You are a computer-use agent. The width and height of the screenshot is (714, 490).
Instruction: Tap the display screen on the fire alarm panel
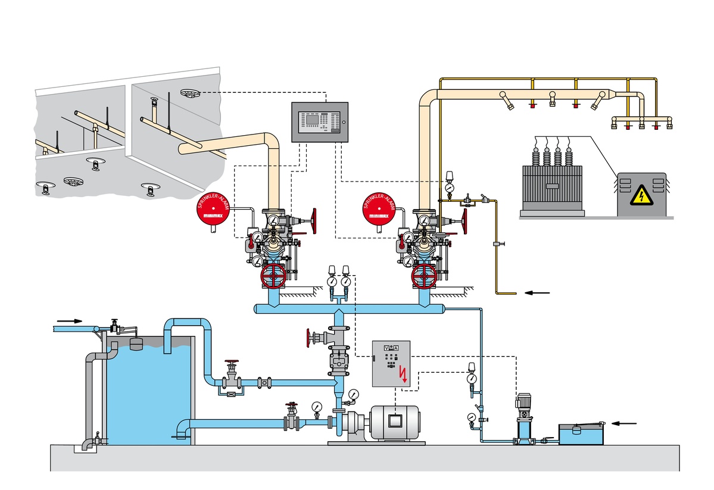[x=311, y=118]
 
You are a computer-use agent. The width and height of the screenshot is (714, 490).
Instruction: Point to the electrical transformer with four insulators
[x=551, y=182]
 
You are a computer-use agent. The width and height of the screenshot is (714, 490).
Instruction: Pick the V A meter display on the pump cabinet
[x=391, y=348]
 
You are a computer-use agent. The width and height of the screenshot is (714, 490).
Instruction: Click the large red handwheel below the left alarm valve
[x=273, y=276]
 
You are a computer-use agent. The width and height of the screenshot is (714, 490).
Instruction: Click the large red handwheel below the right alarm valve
[x=424, y=276]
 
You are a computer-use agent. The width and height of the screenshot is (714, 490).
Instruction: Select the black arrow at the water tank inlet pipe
[x=70, y=320]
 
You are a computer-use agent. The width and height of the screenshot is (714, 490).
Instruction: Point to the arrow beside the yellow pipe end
[x=537, y=292]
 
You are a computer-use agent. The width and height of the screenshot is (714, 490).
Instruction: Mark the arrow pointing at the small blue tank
[x=625, y=423]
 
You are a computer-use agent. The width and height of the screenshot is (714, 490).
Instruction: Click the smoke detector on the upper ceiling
[x=189, y=93]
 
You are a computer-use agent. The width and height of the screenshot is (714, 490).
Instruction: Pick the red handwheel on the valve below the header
[x=308, y=338]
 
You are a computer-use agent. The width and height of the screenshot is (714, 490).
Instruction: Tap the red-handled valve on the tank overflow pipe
[x=232, y=364]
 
